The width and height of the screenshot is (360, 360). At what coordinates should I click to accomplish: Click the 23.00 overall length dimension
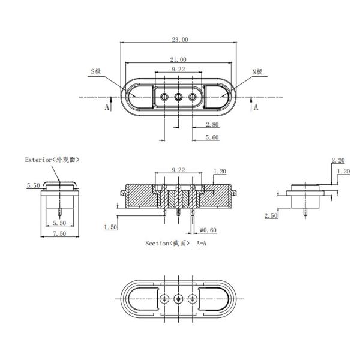tap(180, 40)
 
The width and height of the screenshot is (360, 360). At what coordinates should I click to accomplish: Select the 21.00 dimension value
tap(178, 59)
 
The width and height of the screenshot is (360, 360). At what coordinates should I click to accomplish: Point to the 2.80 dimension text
tap(212, 125)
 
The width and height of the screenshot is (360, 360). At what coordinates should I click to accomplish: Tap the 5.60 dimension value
tap(212, 137)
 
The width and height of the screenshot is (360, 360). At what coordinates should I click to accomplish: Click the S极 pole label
tap(97, 71)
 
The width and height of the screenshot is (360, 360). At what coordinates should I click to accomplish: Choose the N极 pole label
tap(258, 71)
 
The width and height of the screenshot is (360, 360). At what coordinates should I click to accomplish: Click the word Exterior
tap(38, 160)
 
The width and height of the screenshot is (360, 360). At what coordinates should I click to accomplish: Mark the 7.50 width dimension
tap(58, 233)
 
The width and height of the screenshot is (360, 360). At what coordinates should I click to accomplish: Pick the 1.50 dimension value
tap(110, 227)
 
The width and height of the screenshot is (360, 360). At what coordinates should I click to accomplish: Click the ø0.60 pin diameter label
tap(207, 230)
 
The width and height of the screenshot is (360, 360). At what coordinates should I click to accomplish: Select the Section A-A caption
tap(175, 243)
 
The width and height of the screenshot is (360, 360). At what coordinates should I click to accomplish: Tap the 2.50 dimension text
tap(271, 215)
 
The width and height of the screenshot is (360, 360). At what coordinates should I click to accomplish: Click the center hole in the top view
tap(178, 97)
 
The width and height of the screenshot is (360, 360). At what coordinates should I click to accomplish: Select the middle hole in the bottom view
tap(178, 298)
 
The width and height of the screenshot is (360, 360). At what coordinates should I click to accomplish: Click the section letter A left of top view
tap(107, 107)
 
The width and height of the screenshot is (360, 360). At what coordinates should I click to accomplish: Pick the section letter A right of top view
tap(256, 107)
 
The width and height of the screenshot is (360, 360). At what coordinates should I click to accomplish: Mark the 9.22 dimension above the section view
tap(178, 170)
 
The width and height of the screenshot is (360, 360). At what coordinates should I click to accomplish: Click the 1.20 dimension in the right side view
tap(343, 172)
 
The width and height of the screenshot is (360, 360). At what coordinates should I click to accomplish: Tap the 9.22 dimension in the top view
tap(178, 70)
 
